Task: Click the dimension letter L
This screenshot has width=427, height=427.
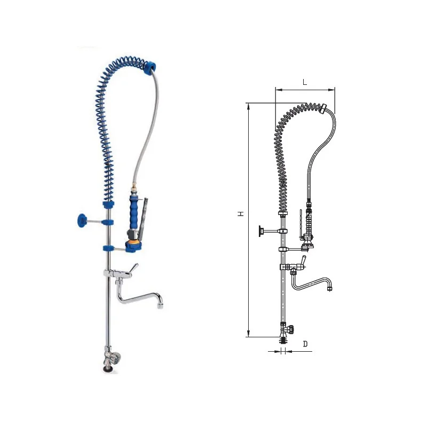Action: (x=305, y=82)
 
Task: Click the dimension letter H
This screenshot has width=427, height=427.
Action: (x=241, y=214)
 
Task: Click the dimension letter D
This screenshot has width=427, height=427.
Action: (x=305, y=344)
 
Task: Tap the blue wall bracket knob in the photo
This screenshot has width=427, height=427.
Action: (x=82, y=220)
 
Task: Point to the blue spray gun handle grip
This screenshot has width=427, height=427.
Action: (x=134, y=213)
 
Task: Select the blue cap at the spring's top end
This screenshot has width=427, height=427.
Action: (x=150, y=67)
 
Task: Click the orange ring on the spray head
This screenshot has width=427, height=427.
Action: (x=133, y=242)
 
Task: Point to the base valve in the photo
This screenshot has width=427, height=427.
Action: (x=112, y=358)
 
